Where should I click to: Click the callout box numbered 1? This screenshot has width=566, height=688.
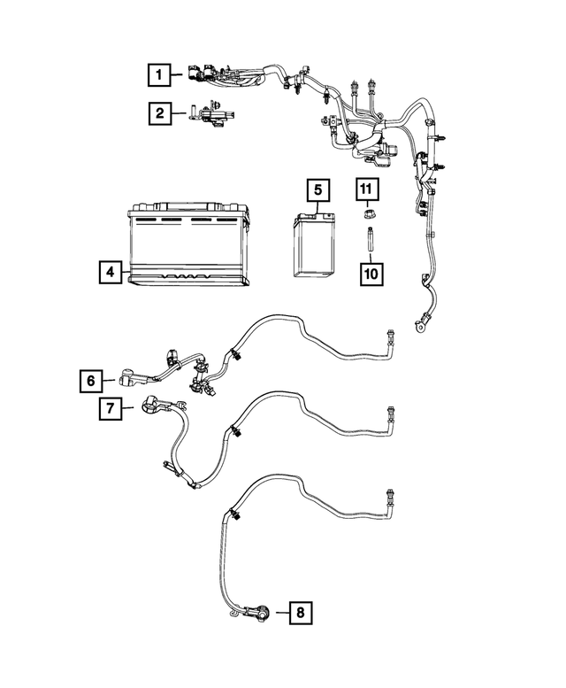[159, 75]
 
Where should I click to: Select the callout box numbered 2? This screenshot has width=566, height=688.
[159, 112]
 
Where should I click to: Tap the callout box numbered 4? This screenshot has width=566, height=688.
[109, 273]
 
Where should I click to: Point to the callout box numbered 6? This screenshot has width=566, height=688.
[90, 381]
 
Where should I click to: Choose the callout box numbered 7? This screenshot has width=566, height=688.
[109, 408]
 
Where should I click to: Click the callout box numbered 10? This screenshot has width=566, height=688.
[370, 273]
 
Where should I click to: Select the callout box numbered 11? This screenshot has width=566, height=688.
[367, 189]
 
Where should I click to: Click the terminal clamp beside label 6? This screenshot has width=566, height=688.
[126, 381]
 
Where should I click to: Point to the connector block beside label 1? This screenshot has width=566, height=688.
[199, 75]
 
